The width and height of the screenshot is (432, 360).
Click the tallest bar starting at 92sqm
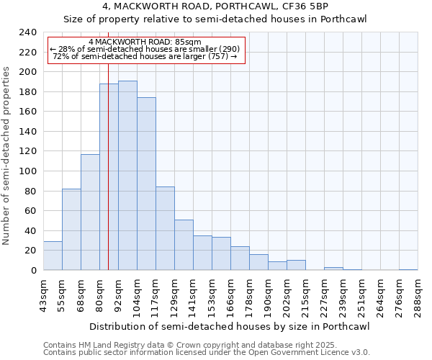(x=127, y=176)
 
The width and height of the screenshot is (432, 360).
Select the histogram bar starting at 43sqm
(x=53, y=256)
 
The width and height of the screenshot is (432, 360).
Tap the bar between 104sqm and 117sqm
(x=146, y=184)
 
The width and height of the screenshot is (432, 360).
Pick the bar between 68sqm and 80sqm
(x=90, y=212)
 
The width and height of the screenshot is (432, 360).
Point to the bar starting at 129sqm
(x=184, y=245)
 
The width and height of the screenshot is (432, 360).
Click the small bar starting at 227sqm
(x=333, y=269)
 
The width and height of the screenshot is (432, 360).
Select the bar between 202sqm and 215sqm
(x=296, y=265)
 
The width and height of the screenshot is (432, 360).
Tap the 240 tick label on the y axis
(x=27, y=32)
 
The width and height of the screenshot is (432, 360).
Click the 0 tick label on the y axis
(x=33, y=271)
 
